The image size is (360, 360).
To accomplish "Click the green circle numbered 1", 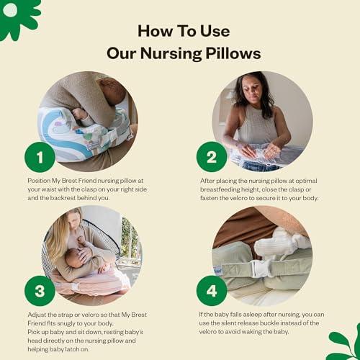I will point(40,156).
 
